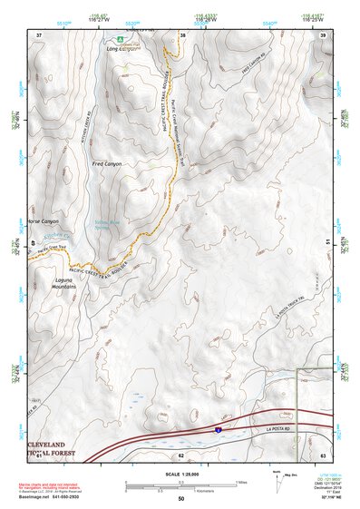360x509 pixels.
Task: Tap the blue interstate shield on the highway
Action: click(219, 423)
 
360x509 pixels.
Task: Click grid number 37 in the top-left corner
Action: click(38, 34)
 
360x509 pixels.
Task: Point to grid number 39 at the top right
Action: click(323, 34)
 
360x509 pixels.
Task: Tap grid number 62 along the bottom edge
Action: click(180, 455)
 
